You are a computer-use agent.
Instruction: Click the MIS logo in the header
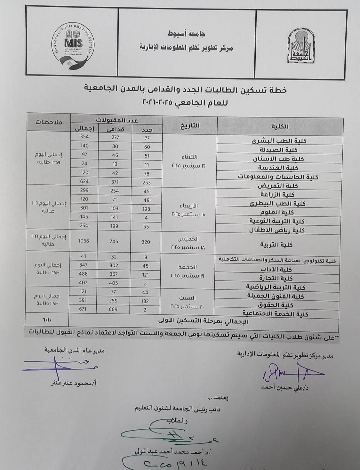pyautogui.click(x=73, y=44)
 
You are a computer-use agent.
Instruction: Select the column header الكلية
pyautogui.click(x=280, y=126)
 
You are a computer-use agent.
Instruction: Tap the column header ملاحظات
pyautogui.click(x=49, y=122)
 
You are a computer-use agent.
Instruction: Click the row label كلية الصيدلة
pyautogui.click(x=277, y=150)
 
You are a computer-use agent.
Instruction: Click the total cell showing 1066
pyautogui.click(x=84, y=241)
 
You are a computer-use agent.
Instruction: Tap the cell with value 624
pyautogui.click(x=84, y=182)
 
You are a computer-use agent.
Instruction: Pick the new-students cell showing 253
pyautogui.click(x=146, y=182)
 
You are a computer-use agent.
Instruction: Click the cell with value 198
pyautogui.click(x=146, y=209)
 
